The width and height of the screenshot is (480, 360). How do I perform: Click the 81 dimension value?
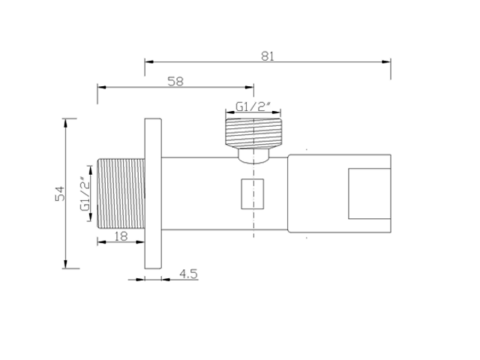click(268, 56)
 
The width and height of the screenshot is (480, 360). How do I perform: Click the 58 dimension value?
click(175, 82)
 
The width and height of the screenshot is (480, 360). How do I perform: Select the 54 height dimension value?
click(60, 193)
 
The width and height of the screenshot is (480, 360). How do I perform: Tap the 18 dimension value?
click(121, 236)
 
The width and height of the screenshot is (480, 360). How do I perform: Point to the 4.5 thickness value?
click(188, 274)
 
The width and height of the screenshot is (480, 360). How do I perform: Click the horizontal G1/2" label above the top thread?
click(253, 106)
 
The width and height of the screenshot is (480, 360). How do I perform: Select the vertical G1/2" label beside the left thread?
click(85, 193)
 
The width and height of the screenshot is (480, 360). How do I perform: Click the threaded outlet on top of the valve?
click(253, 132)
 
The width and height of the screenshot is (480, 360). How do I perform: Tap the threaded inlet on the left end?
click(121, 193)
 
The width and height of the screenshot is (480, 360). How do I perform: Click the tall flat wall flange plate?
click(153, 193)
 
